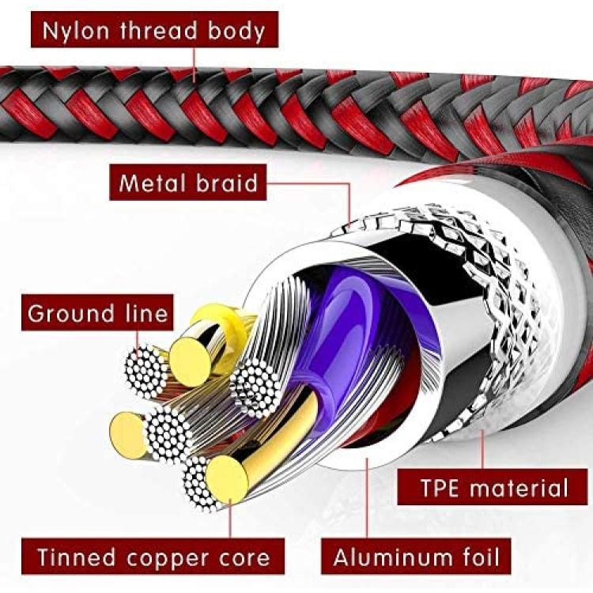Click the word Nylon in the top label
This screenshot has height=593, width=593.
click(x=76, y=31)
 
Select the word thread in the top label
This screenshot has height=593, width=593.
click(x=158, y=30)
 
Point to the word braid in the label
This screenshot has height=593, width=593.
click(x=227, y=183)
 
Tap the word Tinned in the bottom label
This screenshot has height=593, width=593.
click(x=77, y=557)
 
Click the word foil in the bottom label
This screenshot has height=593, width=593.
click(x=481, y=557)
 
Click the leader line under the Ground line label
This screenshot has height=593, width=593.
click(x=138, y=338)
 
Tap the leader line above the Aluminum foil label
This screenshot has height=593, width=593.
click(x=367, y=497)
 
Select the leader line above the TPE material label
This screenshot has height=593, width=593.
click(x=483, y=449)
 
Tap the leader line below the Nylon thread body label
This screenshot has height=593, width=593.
click(x=195, y=64)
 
